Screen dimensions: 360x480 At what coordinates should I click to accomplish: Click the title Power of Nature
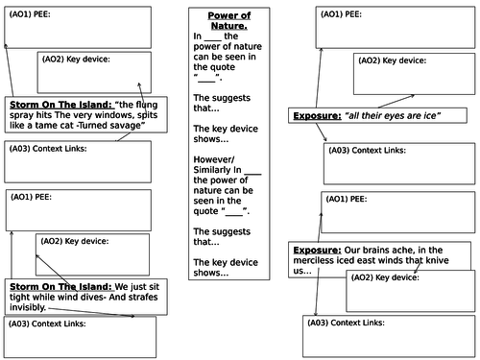pyautogui.click(x=234, y=21)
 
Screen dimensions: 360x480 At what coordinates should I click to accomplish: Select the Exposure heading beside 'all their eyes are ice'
pyautogui.click(x=316, y=116)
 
